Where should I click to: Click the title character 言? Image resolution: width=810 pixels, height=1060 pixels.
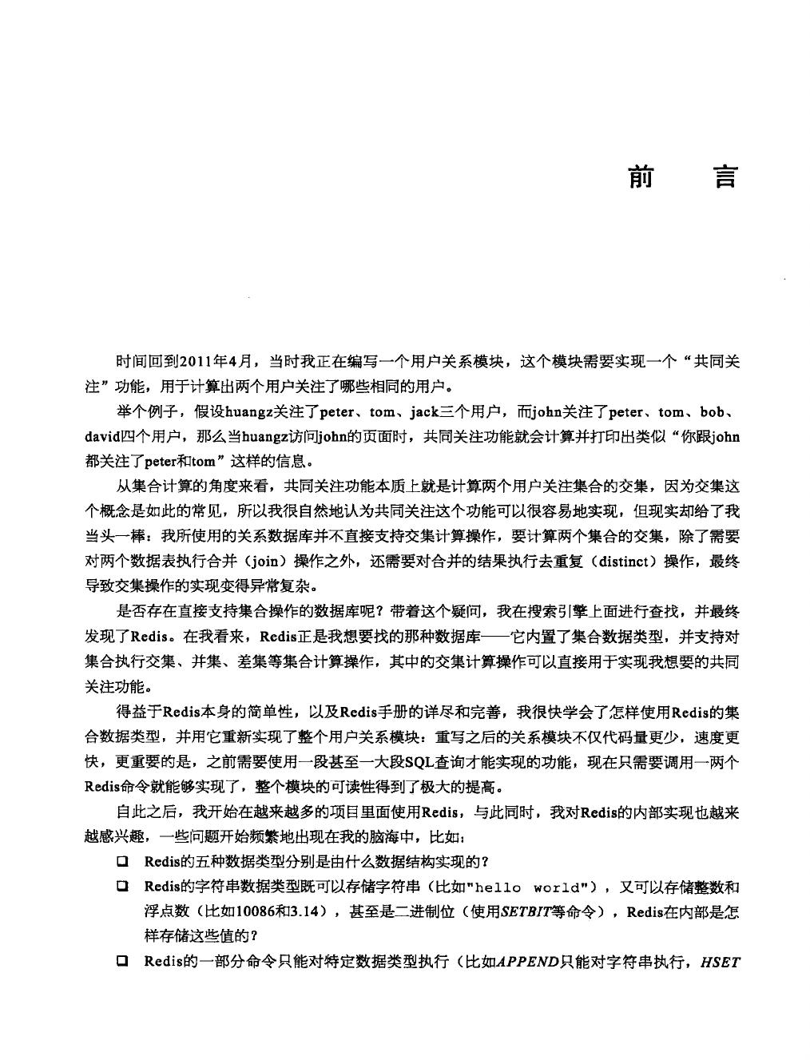pos(725,177)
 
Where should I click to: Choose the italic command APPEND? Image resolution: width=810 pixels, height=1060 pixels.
pos(526,962)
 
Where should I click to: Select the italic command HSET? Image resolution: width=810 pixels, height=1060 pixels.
pos(720,962)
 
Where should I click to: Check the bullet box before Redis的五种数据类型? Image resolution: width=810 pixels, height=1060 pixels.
pos(123,862)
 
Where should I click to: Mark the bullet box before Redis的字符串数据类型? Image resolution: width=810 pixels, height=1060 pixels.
pos(123,887)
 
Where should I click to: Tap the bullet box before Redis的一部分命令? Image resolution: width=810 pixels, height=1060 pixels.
pos(123,962)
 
